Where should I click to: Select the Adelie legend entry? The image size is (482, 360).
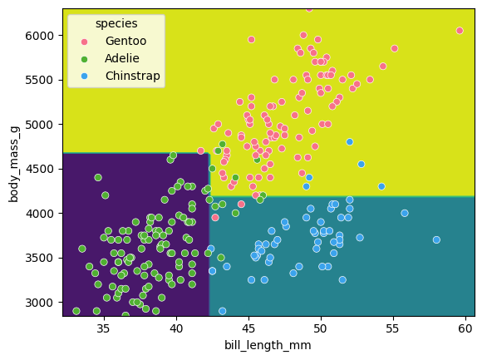[121, 57]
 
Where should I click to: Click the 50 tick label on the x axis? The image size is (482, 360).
[322, 328]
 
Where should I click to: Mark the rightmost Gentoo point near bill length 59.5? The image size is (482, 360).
[460, 31]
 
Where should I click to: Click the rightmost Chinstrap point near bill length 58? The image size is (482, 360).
[436, 239]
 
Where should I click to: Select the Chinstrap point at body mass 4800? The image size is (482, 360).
[350, 142]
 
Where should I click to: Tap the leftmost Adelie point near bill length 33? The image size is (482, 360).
[76, 311]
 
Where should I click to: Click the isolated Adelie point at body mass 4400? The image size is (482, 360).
[98, 177]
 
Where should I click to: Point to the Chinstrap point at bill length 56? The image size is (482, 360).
[405, 213]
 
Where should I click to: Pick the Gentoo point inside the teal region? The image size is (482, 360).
[215, 217]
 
